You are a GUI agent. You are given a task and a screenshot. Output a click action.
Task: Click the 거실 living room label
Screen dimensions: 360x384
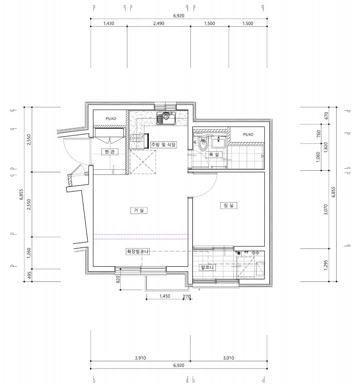click(x=139, y=210)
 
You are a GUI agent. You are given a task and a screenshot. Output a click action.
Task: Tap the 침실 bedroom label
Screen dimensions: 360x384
click(x=228, y=205)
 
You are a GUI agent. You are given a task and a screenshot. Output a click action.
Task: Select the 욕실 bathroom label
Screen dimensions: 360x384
click(x=214, y=154)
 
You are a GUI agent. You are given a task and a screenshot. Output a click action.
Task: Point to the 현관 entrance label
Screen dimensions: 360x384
click(x=110, y=152)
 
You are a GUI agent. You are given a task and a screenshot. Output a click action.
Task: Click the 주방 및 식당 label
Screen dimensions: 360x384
click(x=164, y=144)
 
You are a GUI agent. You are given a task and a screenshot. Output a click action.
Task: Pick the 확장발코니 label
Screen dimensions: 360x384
click(x=138, y=251)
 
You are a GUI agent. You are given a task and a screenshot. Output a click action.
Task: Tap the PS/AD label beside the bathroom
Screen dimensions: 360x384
click(x=248, y=134)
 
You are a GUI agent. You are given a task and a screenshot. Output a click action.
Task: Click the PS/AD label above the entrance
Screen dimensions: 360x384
click(x=111, y=118)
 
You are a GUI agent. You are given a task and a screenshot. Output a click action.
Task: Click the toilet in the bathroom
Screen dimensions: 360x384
click(x=203, y=143)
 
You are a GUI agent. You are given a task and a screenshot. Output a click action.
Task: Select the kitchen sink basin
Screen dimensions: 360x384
click(x=166, y=118)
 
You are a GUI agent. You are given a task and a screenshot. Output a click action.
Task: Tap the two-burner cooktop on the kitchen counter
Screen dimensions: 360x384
click(x=137, y=138)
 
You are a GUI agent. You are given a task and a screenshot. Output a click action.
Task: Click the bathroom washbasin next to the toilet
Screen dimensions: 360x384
click(x=219, y=142)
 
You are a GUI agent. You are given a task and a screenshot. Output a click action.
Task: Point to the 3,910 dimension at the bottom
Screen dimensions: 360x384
click(x=140, y=358)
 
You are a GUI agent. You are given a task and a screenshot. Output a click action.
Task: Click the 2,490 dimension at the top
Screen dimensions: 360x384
click(x=158, y=23)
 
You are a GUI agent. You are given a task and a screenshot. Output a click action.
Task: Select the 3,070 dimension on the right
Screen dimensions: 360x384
click(x=326, y=209)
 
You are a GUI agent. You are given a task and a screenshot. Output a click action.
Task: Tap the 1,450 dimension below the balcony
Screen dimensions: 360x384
click(x=165, y=296)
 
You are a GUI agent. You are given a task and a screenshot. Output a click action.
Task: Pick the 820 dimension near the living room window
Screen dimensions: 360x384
click(x=118, y=279)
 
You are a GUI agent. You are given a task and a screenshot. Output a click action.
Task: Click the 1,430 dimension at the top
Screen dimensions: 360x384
click(x=109, y=23)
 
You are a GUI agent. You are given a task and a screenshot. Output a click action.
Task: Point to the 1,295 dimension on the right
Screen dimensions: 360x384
click(x=326, y=265)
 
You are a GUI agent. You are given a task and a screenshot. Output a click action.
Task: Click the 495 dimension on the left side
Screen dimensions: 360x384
click(x=29, y=275)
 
